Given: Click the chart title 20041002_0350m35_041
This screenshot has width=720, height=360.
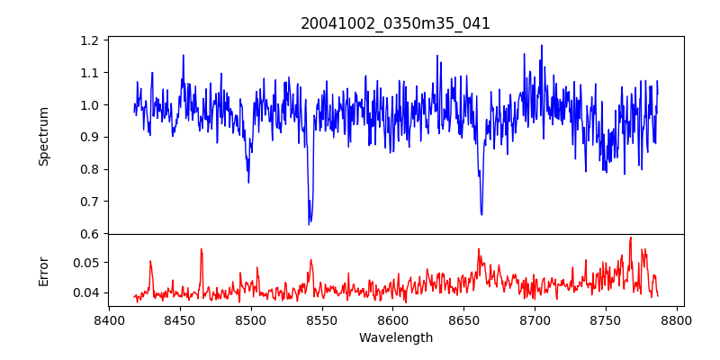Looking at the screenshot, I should pyautogui.click(x=395, y=23).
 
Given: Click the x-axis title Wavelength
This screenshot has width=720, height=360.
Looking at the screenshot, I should pyautogui.click(x=395, y=338).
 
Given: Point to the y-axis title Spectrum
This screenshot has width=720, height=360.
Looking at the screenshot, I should pyautogui.click(x=44, y=135).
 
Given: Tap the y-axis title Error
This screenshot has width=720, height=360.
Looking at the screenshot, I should pyautogui.click(x=44, y=270).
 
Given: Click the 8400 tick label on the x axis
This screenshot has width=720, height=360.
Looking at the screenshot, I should pyautogui.click(x=109, y=320).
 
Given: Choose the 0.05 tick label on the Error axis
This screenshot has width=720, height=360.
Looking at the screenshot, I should pyautogui.click(x=86, y=263).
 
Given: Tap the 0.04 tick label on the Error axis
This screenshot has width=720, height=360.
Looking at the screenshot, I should pyautogui.click(x=86, y=292).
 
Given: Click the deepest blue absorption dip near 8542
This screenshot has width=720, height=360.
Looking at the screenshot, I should pyautogui.click(x=309, y=223).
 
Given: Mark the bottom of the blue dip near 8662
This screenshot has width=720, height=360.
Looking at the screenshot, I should pyautogui.click(x=481, y=214).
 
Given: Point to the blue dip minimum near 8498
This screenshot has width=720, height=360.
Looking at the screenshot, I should pyautogui.click(x=248, y=182).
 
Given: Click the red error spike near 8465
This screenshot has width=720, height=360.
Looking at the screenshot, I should pyautogui.click(x=202, y=249).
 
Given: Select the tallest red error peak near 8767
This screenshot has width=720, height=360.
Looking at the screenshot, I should pyautogui.click(x=631, y=238).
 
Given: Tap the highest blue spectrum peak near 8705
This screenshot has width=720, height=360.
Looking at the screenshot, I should pyautogui.click(x=542, y=46).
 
